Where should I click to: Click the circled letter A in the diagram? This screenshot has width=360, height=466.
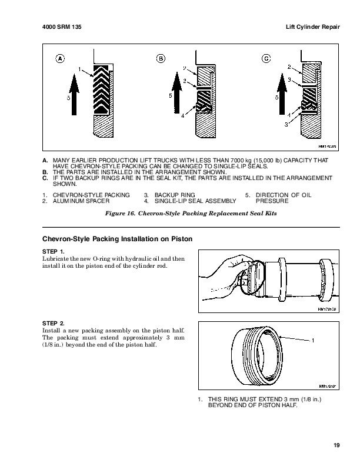tap(59, 58)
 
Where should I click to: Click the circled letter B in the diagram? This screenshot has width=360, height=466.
tap(161, 58)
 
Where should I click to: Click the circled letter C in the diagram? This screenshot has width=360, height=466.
tap(266, 58)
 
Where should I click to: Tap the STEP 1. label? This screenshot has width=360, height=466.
tap(54, 252)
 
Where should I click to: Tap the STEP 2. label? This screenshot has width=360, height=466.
tap(54, 323)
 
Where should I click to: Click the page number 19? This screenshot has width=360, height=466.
tap(335, 445)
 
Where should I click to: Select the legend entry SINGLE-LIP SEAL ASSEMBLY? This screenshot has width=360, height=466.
tap(192, 201)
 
